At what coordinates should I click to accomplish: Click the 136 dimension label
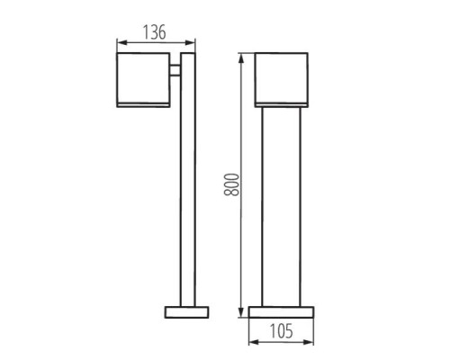click(154, 32)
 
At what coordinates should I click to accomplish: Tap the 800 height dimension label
click(231, 184)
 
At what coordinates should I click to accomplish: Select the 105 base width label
click(281, 331)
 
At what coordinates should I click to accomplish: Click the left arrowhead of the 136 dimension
click(121, 43)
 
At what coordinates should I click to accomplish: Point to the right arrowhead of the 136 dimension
click(190, 43)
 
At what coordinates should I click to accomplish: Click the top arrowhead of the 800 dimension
click(241, 58)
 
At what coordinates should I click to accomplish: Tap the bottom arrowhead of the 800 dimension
click(241, 312)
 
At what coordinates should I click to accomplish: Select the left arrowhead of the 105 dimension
click(254, 342)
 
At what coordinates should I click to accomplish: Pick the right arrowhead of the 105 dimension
click(309, 342)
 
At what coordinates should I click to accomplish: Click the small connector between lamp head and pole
click(175, 70)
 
